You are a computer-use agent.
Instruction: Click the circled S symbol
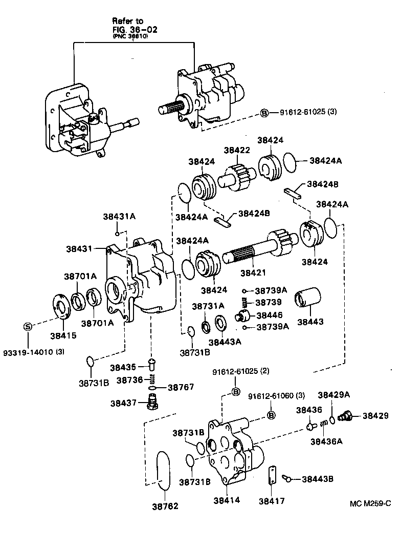[x=28, y=326]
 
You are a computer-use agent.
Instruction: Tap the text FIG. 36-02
[x=135, y=29]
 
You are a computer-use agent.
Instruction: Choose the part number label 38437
[x=122, y=403]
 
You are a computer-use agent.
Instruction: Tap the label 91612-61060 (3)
[x=276, y=396]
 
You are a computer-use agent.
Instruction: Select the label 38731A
[x=208, y=306]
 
